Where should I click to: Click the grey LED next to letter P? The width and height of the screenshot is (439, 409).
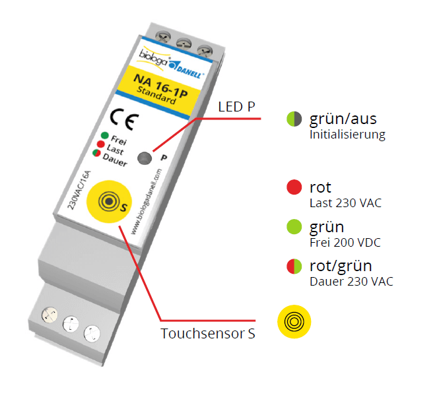144,158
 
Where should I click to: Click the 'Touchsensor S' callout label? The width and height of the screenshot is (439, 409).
207,334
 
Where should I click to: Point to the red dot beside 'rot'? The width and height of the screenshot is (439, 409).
294,188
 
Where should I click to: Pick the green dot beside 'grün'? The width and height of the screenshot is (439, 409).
294,228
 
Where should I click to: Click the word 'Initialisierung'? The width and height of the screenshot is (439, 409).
347,135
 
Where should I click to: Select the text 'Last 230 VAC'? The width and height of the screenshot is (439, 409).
345,203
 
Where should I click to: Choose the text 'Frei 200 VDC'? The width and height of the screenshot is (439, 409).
345,243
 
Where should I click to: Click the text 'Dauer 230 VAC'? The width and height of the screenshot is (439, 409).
351,282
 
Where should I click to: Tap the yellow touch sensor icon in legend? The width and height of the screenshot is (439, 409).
294,322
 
